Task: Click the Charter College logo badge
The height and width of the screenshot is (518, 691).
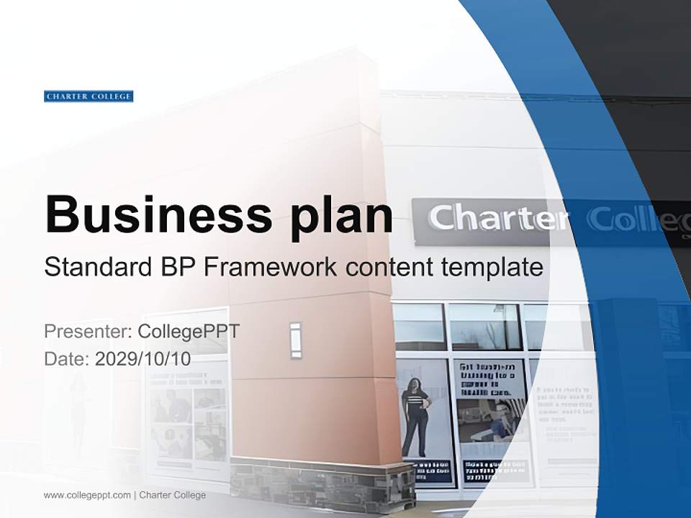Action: click(x=89, y=96)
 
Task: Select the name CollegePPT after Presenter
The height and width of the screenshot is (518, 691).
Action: click(x=189, y=332)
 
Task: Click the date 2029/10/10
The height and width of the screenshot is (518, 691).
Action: click(x=143, y=359)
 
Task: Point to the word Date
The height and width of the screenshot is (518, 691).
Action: click(x=66, y=359)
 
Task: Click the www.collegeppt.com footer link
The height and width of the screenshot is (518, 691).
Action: click(x=87, y=495)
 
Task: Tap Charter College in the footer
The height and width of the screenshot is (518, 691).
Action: click(x=173, y=495)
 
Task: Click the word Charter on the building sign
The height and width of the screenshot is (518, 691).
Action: click(x=497, y=218)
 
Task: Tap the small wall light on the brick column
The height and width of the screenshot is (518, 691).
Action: click(x=296, y=340)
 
